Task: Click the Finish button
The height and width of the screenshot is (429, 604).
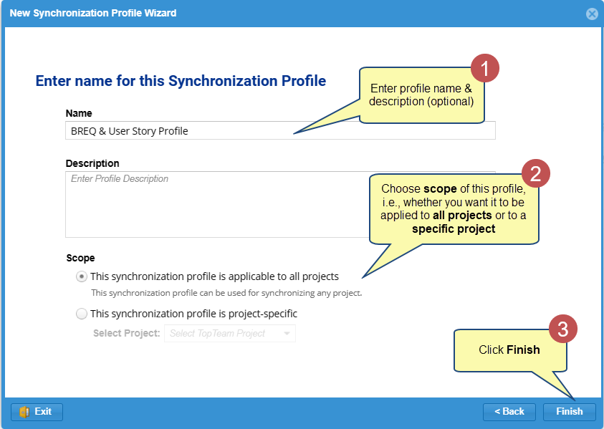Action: point(569,412)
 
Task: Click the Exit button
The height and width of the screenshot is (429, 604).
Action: point(37,412)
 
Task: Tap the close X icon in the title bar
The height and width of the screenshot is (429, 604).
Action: point(592,14)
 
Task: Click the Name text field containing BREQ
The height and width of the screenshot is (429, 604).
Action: point(280,131)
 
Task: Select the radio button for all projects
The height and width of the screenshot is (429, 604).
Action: point(81,276)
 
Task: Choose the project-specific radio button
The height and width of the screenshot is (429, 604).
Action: point(81,314)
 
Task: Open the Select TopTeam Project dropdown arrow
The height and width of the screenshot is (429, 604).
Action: point(287,334)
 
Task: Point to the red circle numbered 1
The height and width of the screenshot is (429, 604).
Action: point(485,68)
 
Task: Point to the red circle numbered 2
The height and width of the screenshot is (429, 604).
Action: point(536,173)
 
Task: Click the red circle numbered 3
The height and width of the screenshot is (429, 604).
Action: point(562,329)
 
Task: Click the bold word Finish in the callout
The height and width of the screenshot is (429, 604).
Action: point(523,350)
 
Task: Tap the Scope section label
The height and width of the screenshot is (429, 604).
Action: point(80,258)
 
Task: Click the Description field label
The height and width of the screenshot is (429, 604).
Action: point(92,163)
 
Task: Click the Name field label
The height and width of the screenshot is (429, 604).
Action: point(79,113)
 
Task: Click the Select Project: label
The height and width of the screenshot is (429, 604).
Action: point(126,333)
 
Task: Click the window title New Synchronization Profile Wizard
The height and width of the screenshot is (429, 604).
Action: point(93,13)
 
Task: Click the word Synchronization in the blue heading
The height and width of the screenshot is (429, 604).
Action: point(223,81)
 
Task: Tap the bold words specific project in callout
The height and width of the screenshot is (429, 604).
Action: point(454,228)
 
